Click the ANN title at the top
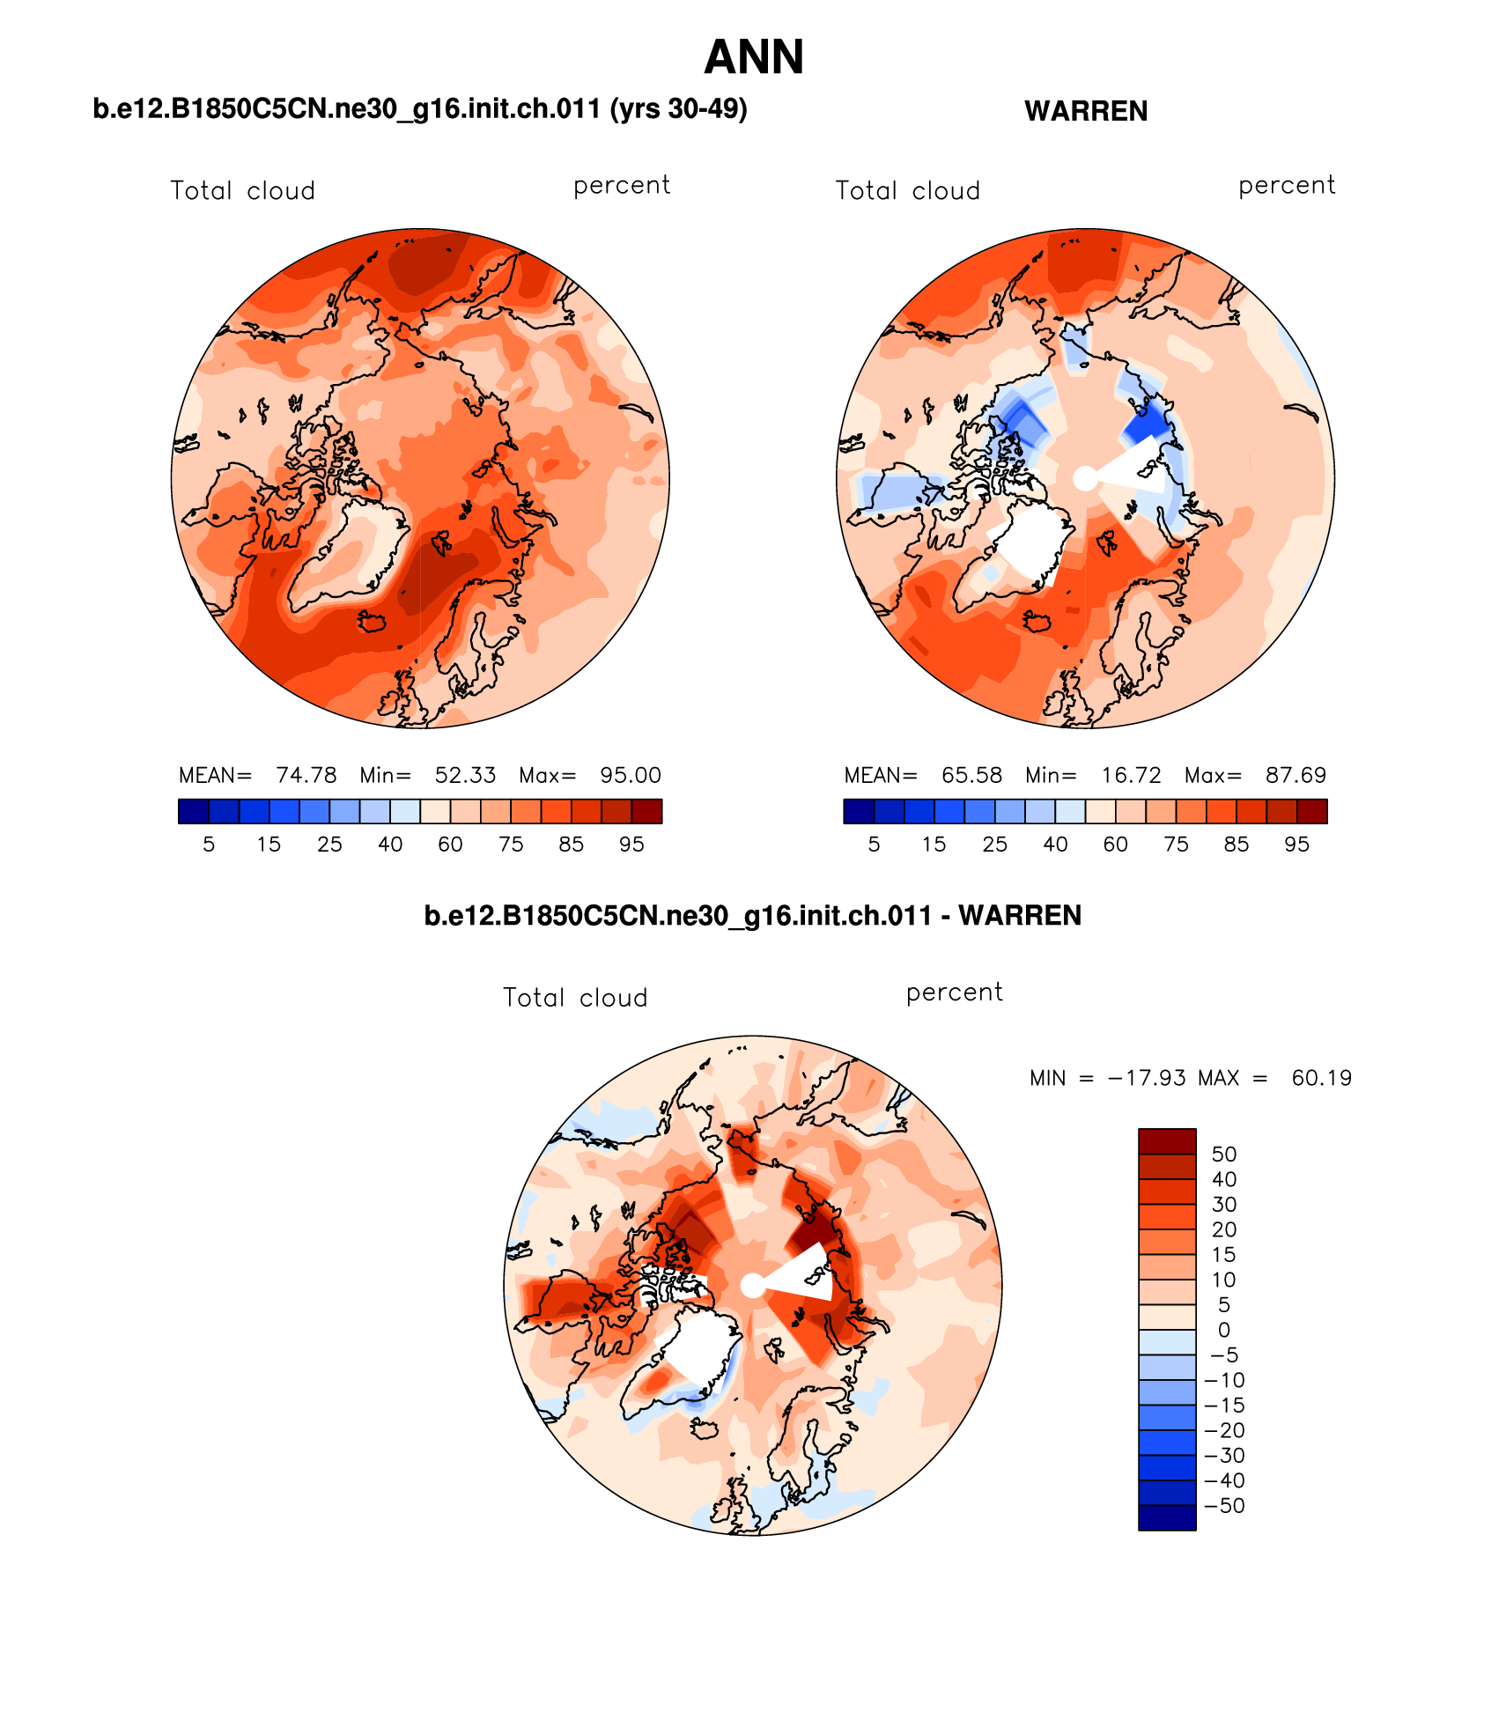coord(754,58)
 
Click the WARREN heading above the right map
coord(1085,112)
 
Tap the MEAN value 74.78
coord(306,775)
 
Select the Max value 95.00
coord(630,775)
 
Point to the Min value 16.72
coord(1131,775)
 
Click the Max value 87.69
coord(1296,775)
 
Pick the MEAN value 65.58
coord(971,775)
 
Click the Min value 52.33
coord(465,775)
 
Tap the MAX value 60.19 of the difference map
coord(1321,1078)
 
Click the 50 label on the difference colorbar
coord(1224,1155)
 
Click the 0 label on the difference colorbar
coord(1224,1330)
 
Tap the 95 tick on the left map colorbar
coord(631,845)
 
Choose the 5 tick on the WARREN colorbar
coord(874,845)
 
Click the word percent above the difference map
coord(954,993)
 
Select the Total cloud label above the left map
coord(242,191)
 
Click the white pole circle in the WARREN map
coord(1085,478)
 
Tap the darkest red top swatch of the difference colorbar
coord(1167,1141)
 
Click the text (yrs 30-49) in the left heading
coord(678,109)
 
